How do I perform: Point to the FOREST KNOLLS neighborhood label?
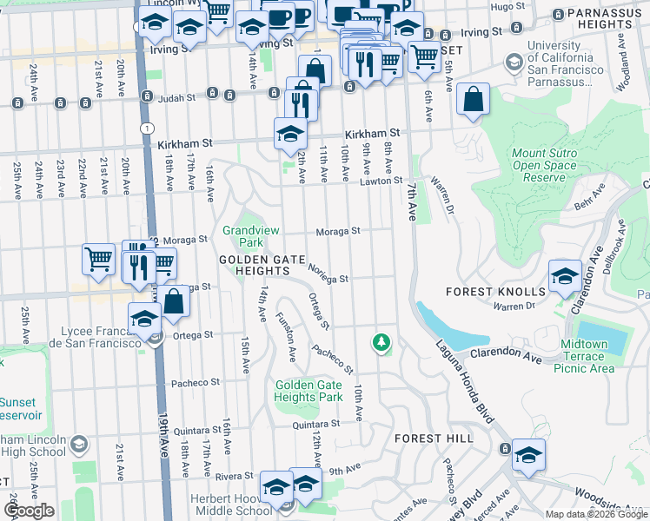click(495, 292)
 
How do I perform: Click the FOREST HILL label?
click(434, 439)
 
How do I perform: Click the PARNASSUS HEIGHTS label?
click(600, 19)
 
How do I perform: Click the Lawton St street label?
click(383, 181)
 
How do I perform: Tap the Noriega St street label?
click(328, 275)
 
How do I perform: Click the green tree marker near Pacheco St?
click(381, 342)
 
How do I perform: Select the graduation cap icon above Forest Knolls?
click(565, 276)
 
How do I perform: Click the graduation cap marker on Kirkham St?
click(290, 134)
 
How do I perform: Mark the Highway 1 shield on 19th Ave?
click(149, 128)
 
